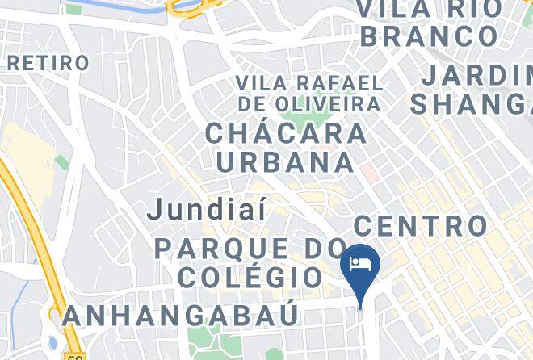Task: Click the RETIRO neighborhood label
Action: [x=48, y=62]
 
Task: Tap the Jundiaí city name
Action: [x=208, y=210]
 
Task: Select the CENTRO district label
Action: [x=420, y=225]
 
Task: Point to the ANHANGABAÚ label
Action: [x=181, y=314]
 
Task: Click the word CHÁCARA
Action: [x=286, y=133]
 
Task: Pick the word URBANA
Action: [x=286, y=161]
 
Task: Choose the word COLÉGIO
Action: [x=250, y=278]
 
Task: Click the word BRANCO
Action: [x=428, y=36]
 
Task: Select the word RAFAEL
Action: [x=328, y=83]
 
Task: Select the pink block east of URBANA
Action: [x=368, y=172]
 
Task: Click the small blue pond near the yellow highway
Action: [x=53, y=343]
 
